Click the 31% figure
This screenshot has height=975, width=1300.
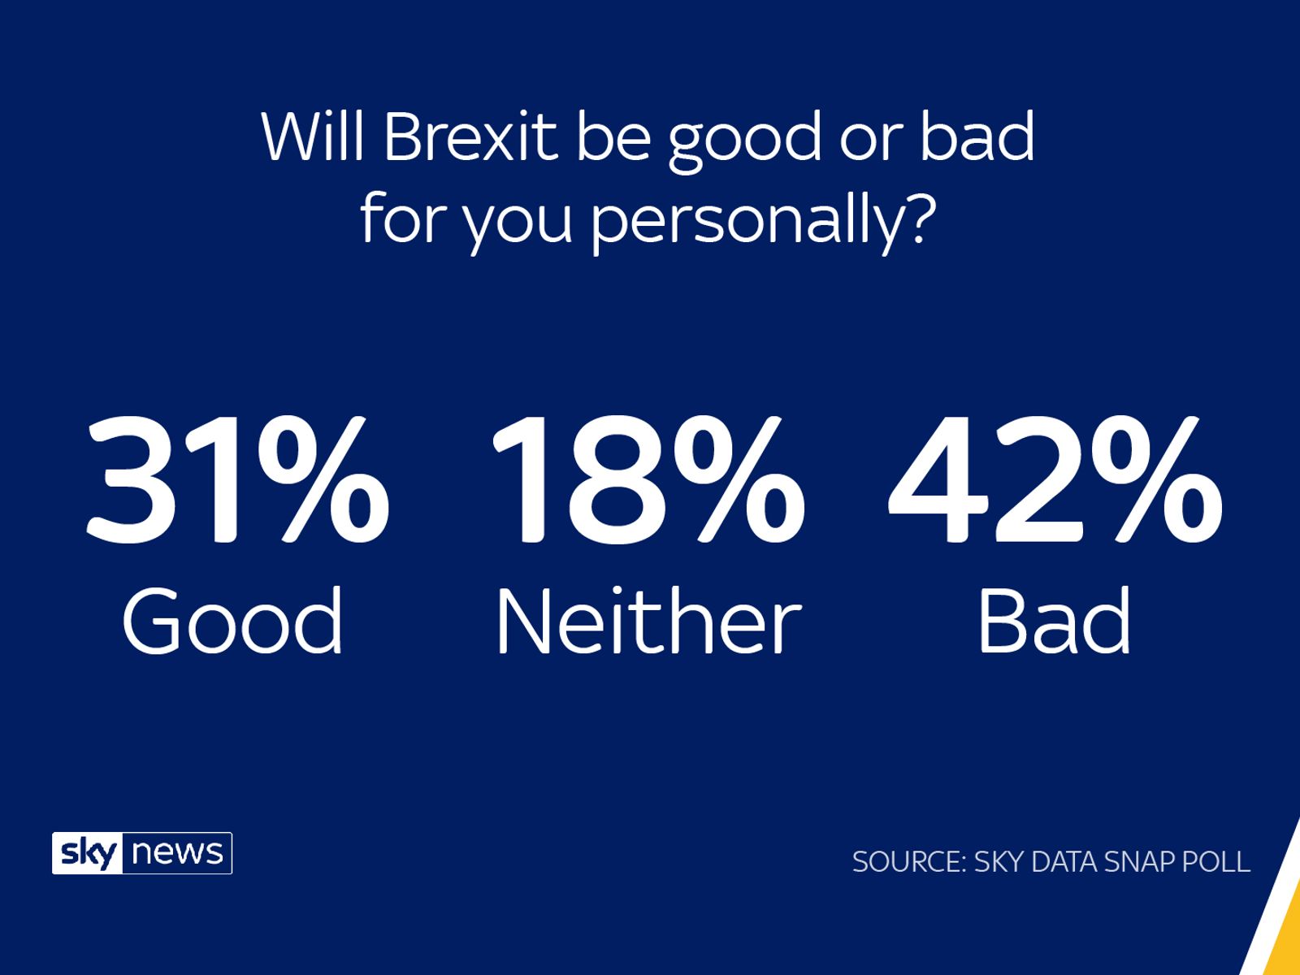pyautogui.click(x=237, y=481)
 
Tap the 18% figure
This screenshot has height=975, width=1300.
pyautogui.click(x=648, y=481)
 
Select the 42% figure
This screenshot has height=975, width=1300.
pyautogui.click(x=1055, y=481)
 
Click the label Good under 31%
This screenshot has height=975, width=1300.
pyautogui.click(x=233, y=622)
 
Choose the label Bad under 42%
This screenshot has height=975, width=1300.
pyautogui.click(x=1054, y=622)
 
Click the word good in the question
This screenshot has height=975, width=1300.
pyautogui.click(x=745, y=138)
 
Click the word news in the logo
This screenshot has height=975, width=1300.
pyautogui.click(x=177, y=854)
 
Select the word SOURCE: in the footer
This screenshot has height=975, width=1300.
pyautogui.click(x=908, y=862)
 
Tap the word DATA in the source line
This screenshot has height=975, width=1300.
pyautogui.click(x=1063, y=862)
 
